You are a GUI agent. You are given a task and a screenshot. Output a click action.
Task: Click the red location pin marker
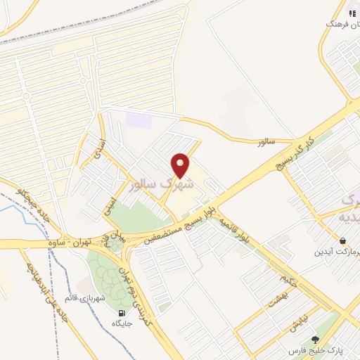coord(181,165)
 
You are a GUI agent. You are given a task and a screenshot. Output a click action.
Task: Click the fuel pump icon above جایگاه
coord(121,313)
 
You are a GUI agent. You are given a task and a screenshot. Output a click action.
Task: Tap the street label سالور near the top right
coord(264,142)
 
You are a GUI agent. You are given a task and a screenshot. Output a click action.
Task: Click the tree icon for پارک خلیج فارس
coord(315,339)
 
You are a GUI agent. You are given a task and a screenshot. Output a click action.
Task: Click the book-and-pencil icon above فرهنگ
coord(352,13)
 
